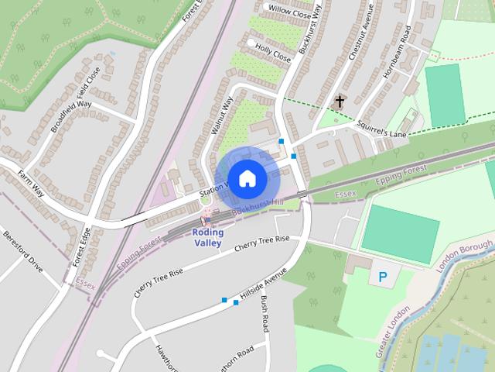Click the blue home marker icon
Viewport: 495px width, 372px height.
click(246, 178)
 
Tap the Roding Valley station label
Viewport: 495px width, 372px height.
click(208, 237)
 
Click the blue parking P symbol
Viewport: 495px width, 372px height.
click(382, 275)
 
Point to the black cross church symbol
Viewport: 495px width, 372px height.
click(340, 101)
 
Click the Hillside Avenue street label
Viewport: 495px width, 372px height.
click(264, 285)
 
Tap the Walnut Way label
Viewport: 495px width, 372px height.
click(222, 117)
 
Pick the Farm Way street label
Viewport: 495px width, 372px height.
click(32, 182)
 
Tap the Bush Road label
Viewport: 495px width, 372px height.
click(265, 313)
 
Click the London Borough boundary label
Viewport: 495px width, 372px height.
click(465, 256)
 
